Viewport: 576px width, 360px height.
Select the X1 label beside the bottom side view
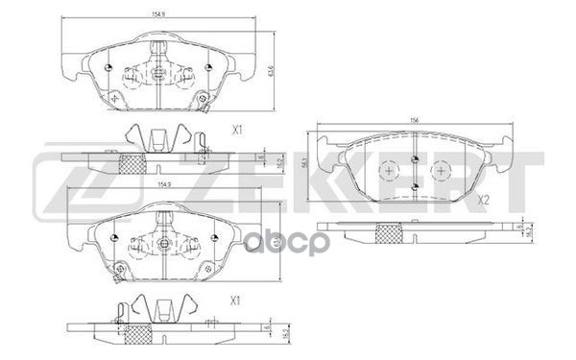point(235,300)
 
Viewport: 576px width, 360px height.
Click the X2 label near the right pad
point(484,200)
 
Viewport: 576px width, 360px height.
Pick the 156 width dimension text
point(414,120)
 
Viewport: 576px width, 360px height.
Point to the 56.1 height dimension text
point(305,164)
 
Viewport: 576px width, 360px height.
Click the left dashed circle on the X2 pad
point(388,171)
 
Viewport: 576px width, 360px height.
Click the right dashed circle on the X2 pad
point(440,171)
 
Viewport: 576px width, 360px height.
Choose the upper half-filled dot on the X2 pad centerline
point(414,159)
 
